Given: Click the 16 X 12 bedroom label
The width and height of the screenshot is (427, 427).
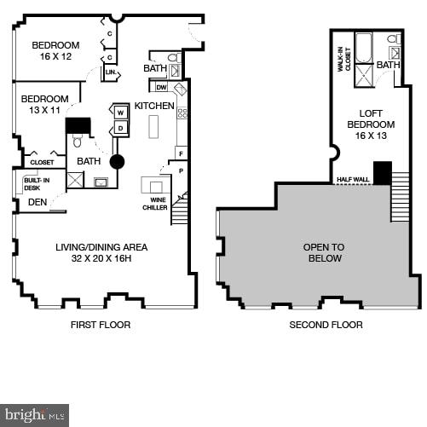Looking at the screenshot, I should [x=55, y=51].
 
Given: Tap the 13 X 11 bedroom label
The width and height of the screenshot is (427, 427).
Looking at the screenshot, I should [x=44, y=103].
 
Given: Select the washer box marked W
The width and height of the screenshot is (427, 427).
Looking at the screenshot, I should [x=120, y=113].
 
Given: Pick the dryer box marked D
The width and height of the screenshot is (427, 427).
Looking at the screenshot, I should [x=120, y=128].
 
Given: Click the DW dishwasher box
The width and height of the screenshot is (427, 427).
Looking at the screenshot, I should [x=161, y=87].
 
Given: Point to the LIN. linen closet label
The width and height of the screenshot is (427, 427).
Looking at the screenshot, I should [x=110, y=73].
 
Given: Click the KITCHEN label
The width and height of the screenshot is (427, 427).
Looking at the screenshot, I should [x=154, y=107].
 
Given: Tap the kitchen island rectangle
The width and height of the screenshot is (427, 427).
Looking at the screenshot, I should [x=153, y=126].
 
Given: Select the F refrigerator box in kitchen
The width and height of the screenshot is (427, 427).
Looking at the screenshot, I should [x=180, y=153].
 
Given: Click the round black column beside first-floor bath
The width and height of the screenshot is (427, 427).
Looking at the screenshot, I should [x=117, y=161].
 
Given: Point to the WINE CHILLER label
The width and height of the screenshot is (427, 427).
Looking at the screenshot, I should [x=154, y=205].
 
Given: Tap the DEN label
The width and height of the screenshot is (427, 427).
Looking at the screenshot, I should [x=37, y=202].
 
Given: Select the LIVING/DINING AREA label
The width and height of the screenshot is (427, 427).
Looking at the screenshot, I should [x=95, y=252].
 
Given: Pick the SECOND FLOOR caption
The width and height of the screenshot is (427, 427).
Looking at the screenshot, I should [x=326, y=325].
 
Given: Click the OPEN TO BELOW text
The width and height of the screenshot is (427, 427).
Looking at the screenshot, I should [x=322, y=252].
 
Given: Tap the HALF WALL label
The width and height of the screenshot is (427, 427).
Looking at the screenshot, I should [x=352, y=180].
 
